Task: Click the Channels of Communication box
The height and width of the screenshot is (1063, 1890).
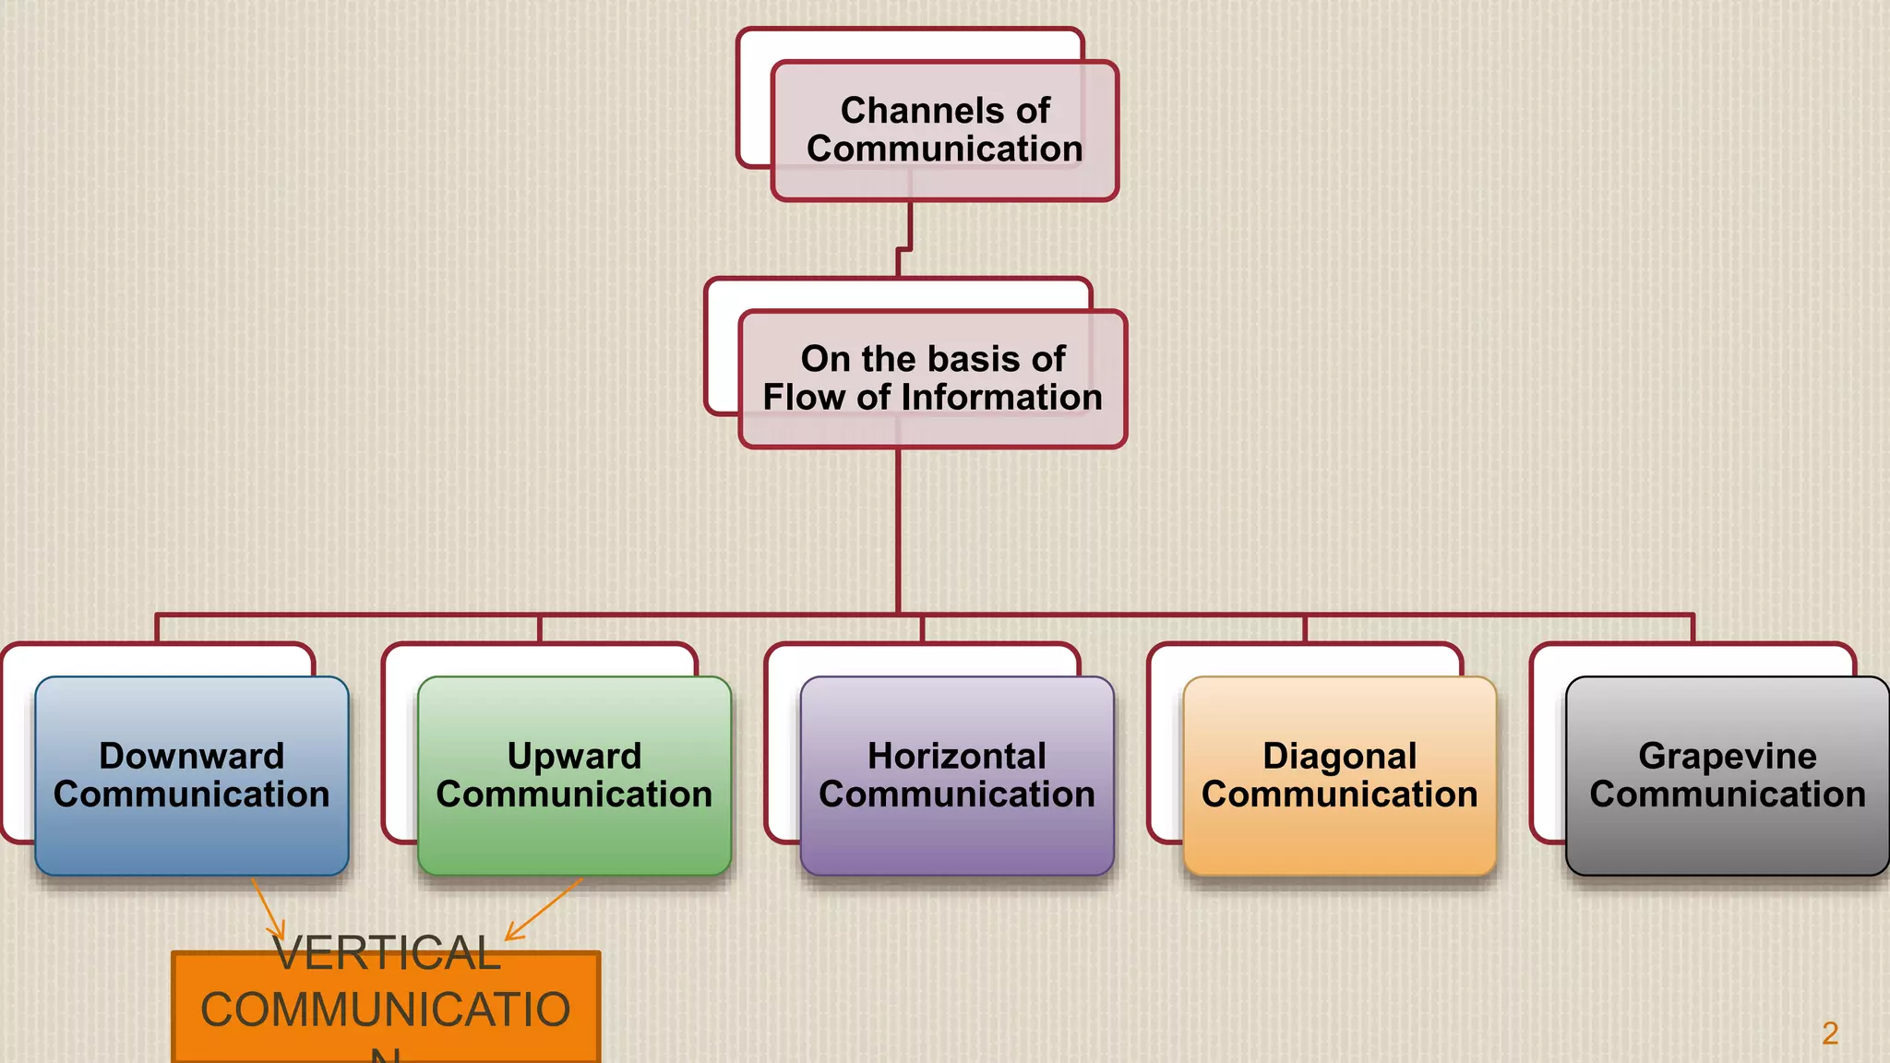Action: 944,130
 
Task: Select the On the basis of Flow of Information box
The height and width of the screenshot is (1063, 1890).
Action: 932,378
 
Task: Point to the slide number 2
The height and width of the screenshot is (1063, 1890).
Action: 1830,1033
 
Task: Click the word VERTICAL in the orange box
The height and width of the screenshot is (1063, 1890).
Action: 388,953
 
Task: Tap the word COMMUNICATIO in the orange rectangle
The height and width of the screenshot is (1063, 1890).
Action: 386,1009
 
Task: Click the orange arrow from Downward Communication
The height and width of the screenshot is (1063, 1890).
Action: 268,909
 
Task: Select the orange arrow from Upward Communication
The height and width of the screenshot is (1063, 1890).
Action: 544,909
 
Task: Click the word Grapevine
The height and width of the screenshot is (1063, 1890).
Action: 1727,756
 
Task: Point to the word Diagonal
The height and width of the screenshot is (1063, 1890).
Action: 1339,756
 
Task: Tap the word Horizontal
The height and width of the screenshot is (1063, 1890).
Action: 957,756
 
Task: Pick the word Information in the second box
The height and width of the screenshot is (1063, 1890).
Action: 1001,398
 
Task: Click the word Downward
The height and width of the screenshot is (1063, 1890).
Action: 191,756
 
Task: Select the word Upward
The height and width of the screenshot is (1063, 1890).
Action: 574,756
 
